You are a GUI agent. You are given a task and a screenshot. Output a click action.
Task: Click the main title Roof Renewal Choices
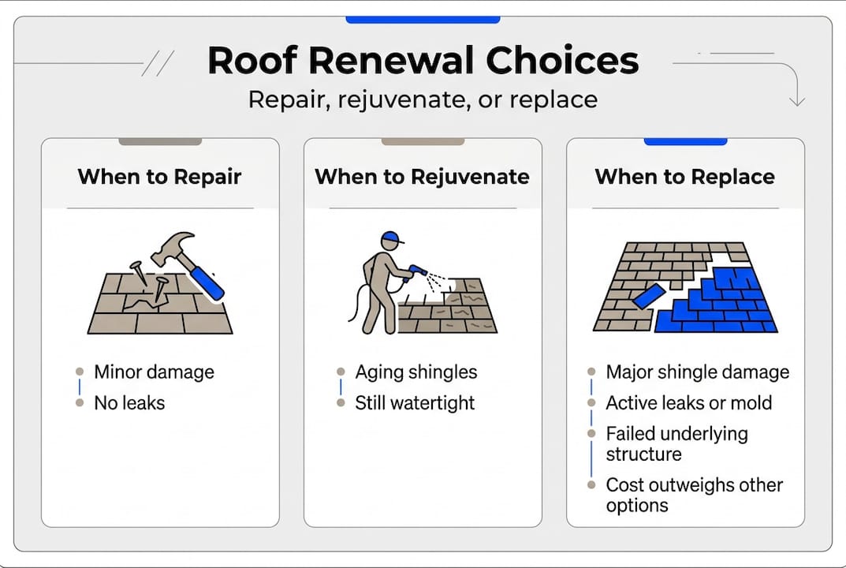tap(423, 60)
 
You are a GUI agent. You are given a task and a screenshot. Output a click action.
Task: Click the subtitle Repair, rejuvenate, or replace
tap(423, 100)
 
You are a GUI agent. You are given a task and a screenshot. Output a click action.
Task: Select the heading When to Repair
tap(160, 177)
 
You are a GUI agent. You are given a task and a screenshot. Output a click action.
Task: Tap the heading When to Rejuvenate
tap(423, 177)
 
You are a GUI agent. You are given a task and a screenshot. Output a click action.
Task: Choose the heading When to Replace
tap(685, 177)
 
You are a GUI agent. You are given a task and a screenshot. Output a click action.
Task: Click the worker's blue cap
tap(392, 237)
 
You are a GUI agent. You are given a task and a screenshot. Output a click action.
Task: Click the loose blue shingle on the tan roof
tap(649, 297)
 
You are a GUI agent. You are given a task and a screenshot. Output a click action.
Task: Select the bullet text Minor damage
tap(154, 372)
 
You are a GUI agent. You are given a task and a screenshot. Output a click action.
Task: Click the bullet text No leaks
tap(129, 403)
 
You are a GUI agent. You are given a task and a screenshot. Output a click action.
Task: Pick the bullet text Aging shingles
tap(416, 372)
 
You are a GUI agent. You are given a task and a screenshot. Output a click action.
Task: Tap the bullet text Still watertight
tap(415, 403)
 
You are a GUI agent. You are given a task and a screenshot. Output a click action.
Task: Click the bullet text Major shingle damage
tap(698, 372)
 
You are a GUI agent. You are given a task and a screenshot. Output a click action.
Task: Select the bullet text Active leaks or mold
tap(689, 403)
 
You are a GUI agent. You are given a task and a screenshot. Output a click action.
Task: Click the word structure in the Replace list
tap(643, 454)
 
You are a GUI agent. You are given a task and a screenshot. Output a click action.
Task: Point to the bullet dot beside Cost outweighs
tap(591, 485)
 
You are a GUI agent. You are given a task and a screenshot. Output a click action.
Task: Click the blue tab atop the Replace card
tap(685, 141)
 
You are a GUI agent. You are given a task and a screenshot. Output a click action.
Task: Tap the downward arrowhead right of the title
tap(797, 101)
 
